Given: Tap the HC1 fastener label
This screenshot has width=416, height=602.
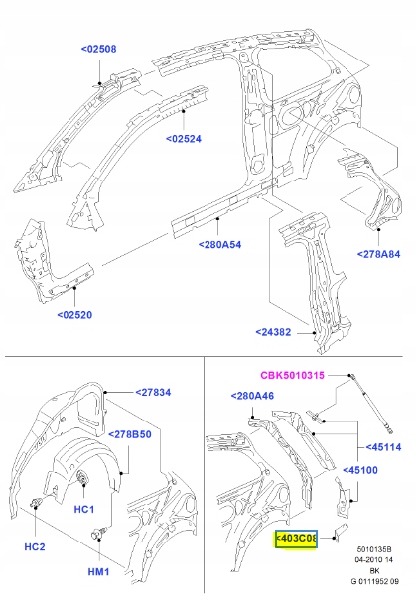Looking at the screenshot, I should coord(83,509).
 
